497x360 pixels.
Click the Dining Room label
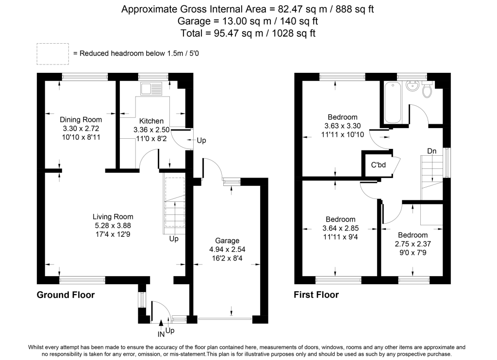point(81,119)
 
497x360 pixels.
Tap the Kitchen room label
point(151,121)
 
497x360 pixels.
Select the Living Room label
point(113,216)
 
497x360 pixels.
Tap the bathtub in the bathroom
point(393,103)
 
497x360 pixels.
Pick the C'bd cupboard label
point(378,164)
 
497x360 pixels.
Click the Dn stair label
point(431,151)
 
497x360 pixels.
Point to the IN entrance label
point(161,334)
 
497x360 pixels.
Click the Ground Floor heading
point(66,295)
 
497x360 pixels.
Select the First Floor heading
point(316,295)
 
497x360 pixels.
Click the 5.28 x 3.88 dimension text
point(113,225)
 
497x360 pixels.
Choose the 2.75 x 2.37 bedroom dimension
point(412,244)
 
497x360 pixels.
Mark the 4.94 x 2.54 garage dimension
point(227,249)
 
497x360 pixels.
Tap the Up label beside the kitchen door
point(201,141)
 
